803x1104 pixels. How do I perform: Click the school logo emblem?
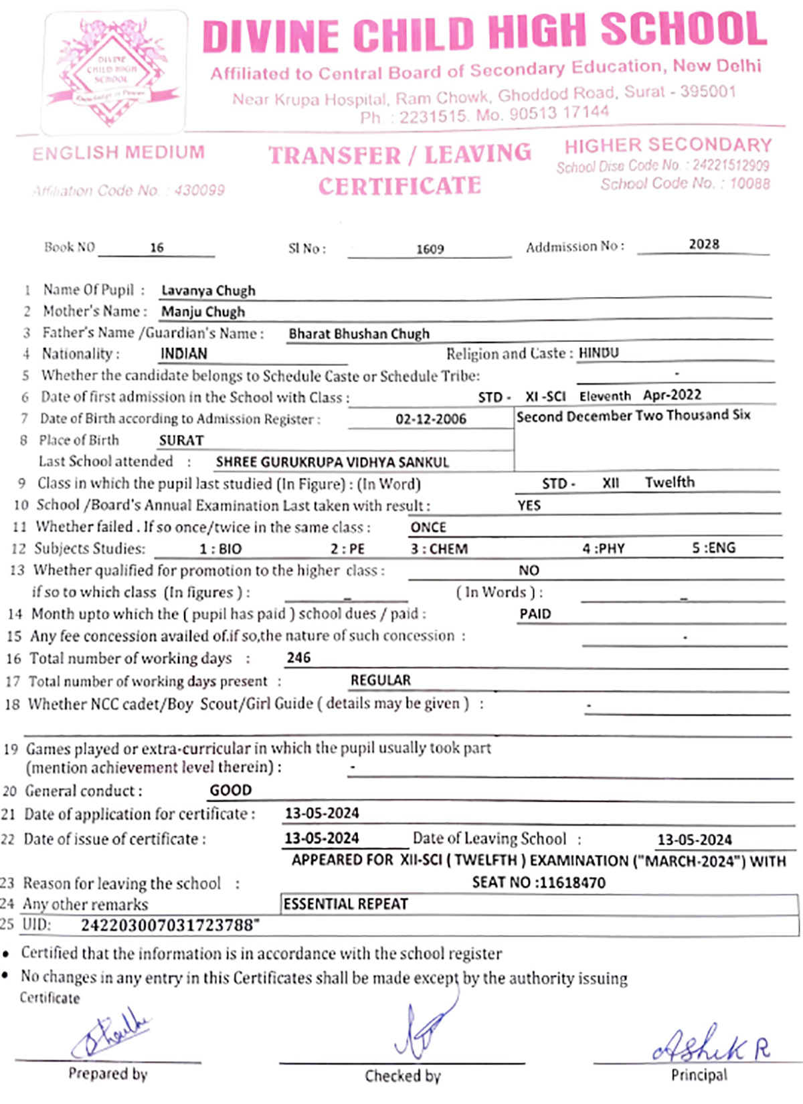click(114, 72)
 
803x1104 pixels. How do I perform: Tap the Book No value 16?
click(157, 248)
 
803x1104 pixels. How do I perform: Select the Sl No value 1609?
click(430, 249)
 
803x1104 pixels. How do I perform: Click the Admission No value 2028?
click(704, 244)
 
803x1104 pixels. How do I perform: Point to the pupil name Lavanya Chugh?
click(208, 290)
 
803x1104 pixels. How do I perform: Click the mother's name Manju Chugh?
click(203, 312)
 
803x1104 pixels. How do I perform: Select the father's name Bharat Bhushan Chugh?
click(359, 334)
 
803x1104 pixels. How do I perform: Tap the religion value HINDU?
click(598, 353)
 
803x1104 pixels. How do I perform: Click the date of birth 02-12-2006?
click(430, 419)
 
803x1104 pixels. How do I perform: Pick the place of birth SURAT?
click(181, 440)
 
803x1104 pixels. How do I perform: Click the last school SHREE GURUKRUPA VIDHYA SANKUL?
click(333, 462)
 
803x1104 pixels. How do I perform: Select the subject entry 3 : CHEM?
click(439, 549)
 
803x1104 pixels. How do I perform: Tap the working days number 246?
click(298, 658)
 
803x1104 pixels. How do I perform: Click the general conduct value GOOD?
click(231, 790)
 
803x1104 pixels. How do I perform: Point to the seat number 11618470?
click(572, 883)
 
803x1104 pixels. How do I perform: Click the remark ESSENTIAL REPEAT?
click(345, 904)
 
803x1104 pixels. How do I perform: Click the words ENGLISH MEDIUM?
click(118, 153)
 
